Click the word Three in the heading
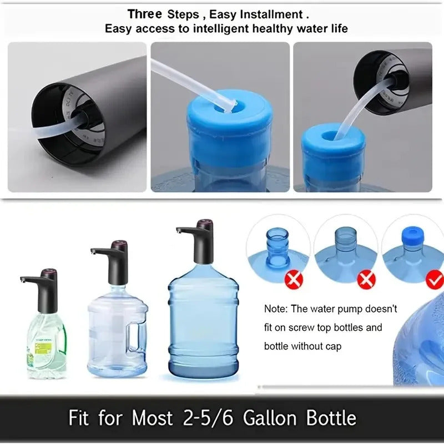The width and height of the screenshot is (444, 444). click(145, 14)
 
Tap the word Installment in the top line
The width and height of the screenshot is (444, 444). click(272, 14)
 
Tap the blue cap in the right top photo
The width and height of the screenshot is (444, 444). click(333, 145)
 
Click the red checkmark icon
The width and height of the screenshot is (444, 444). click(435, 280)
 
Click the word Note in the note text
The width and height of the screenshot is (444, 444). click(275, 309)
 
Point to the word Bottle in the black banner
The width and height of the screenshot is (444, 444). click(327, 418)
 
